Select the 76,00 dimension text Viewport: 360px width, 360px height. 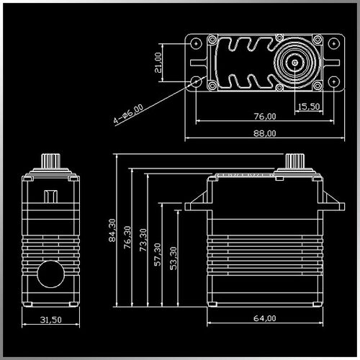[265, 116]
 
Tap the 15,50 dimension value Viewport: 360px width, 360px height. [307, 107]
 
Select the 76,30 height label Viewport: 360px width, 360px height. [129, 238]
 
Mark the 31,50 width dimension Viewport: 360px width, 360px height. [50, 320]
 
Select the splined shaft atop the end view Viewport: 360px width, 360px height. [50, 160]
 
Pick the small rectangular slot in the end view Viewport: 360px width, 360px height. [50, 194]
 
